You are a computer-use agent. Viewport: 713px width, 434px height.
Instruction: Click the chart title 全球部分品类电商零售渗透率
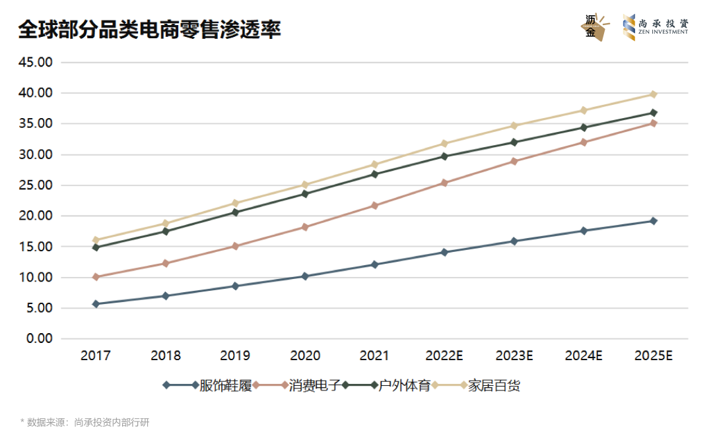pyautogui.click(x=150, y=29)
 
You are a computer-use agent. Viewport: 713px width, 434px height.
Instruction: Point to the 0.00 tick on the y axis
pyautogui.click(x=39, y=338)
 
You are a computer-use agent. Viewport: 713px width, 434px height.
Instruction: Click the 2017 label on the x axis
pyautogui.click(x=96, y=356)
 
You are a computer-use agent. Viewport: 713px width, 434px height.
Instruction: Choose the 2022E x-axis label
pyautogui.click(x=444, y=356)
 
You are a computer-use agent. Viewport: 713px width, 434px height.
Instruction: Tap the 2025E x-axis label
pyautogui.click(x=653, y=356)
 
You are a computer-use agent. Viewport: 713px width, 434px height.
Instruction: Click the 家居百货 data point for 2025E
pyautogui.click(x=654, y=94)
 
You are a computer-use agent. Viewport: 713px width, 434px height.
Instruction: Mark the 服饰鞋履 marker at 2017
pyautogui.click(x=96, y=304)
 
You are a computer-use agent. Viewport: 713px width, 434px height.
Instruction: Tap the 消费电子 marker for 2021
pyautogui.click(x=374, y=206)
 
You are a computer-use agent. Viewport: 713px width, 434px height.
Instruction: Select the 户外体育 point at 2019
pyautogui.click(x=235, y=212)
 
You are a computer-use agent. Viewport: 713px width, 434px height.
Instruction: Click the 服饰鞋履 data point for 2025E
pyautogui.click(x=654, y=221)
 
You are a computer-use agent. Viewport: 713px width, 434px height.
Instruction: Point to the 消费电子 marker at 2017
pyautogui.click(x=96, y=277)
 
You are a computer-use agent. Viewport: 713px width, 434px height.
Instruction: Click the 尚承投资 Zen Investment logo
pyautogui.click(x=656, y=28)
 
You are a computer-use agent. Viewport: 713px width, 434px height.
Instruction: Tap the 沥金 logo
pyautogui.click(x=594, y=28)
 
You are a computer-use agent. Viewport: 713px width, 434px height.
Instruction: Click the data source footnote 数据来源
pyautogui.click(x=86, y=422)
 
